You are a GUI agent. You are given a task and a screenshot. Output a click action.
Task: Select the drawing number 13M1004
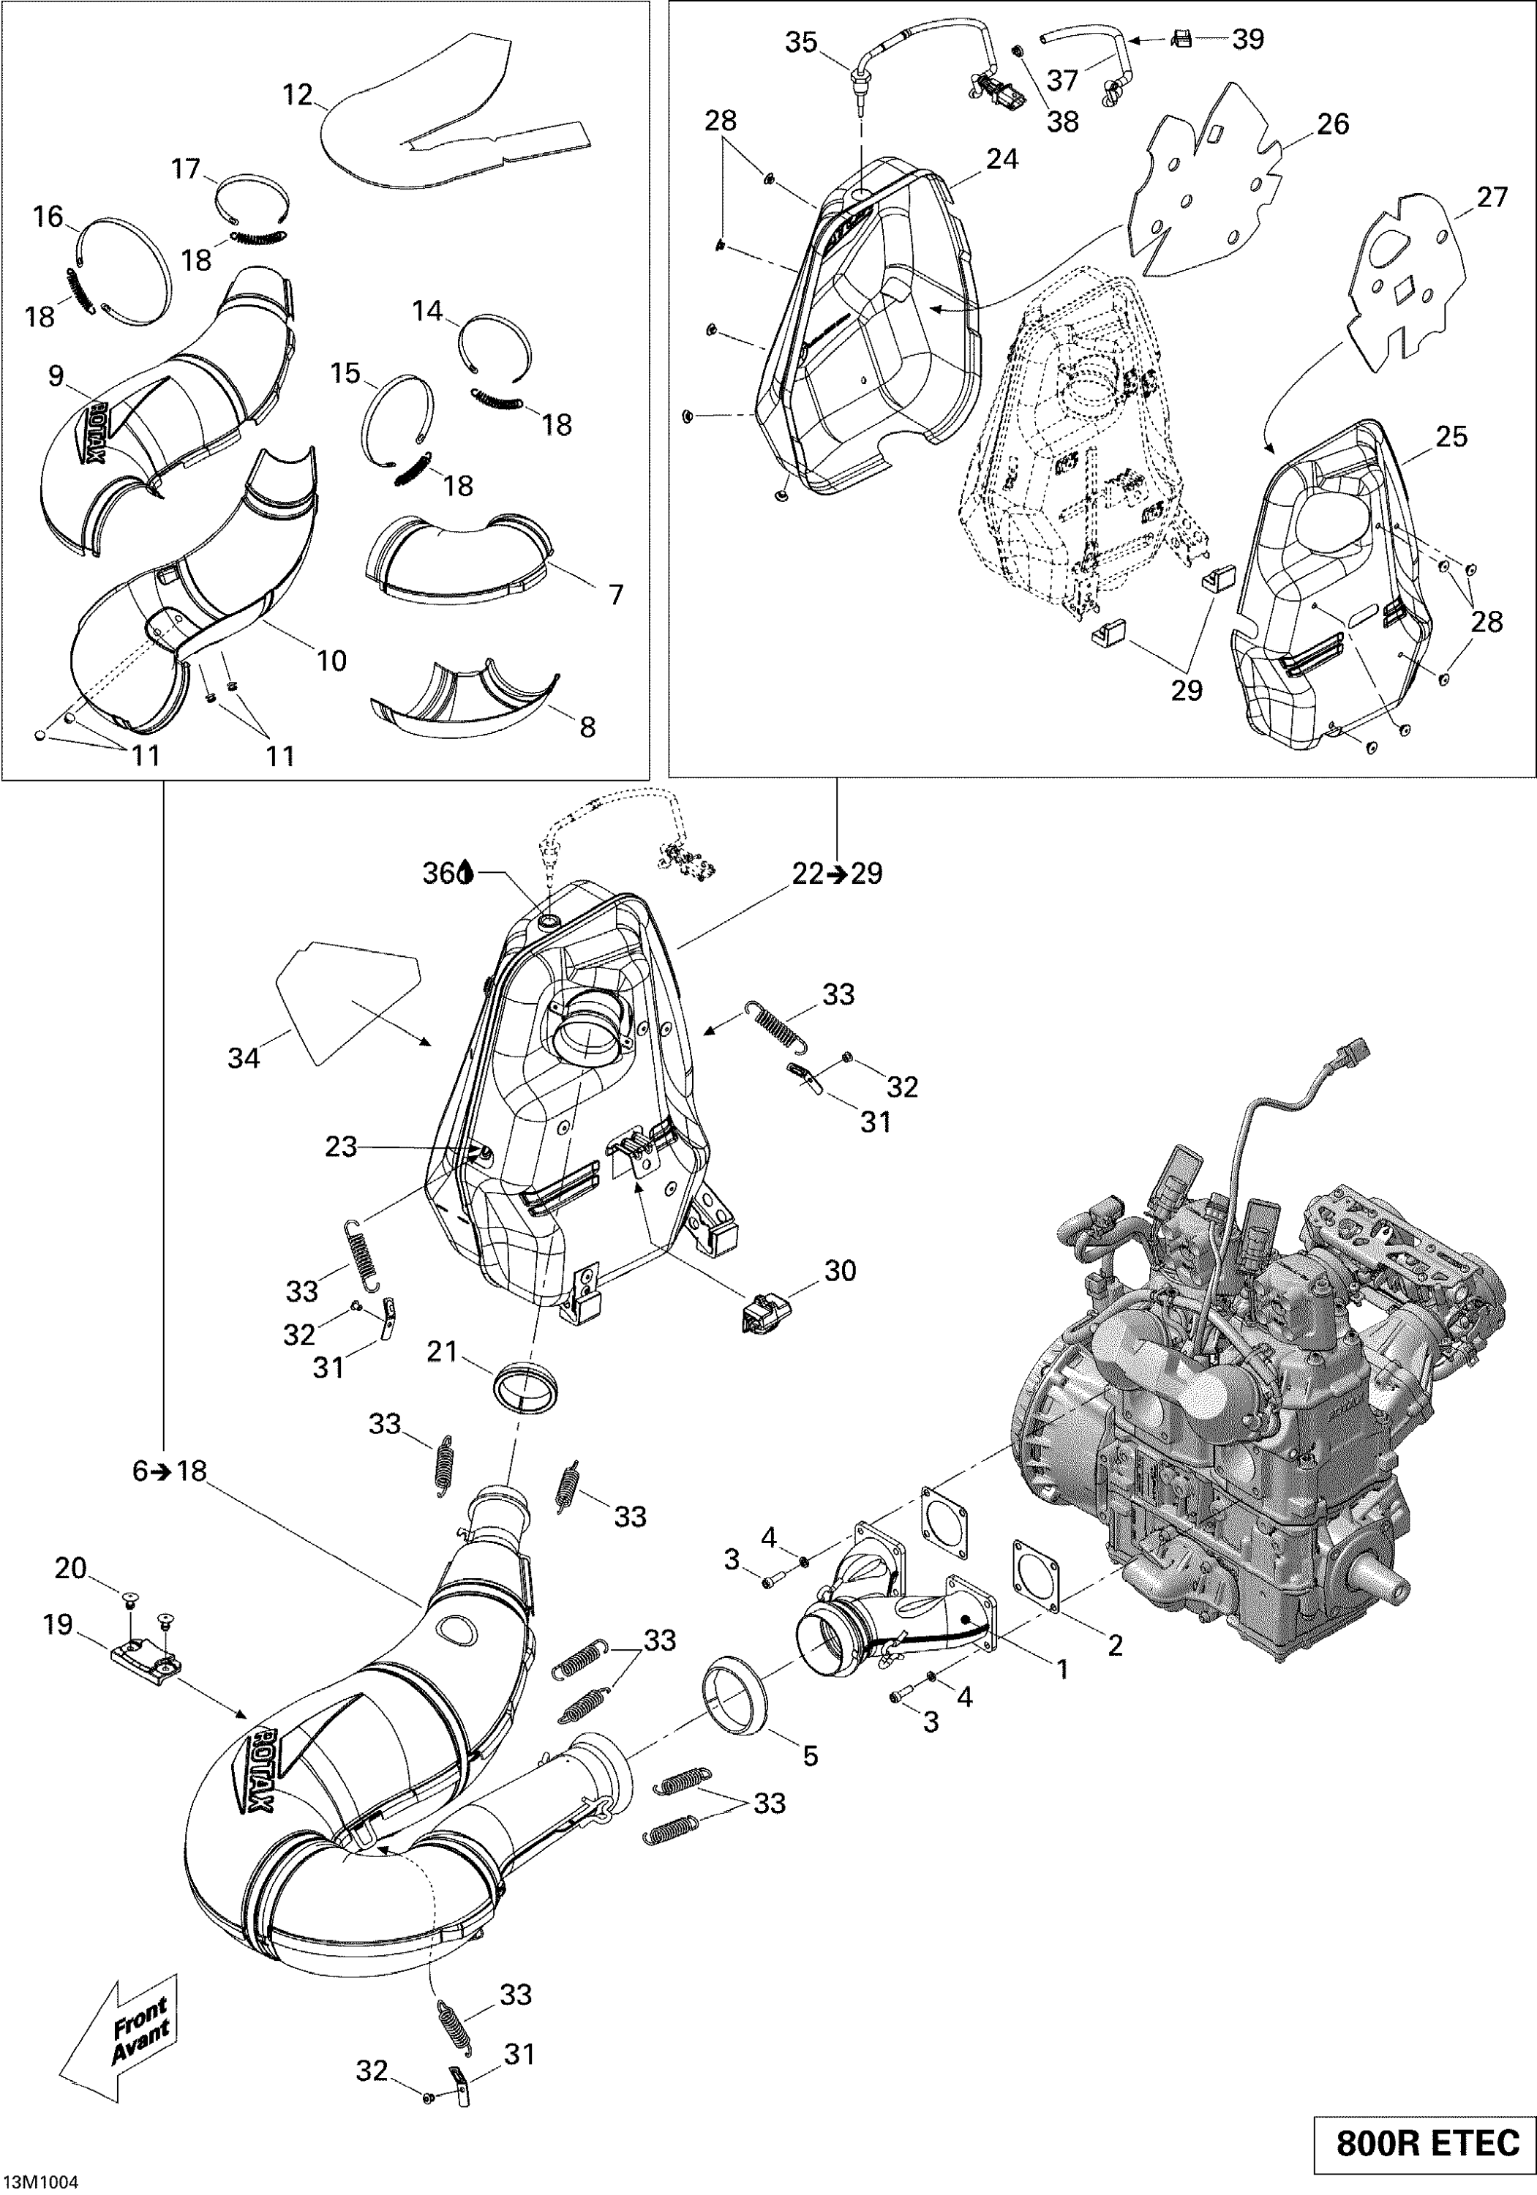[40, 2180]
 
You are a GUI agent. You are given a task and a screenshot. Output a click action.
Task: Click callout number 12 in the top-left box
[297, 96]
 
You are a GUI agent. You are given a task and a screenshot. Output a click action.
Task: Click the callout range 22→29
[836, 873]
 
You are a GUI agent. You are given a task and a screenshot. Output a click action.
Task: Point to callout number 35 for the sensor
[801, 43]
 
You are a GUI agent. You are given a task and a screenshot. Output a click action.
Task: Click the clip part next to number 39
[1182, 40]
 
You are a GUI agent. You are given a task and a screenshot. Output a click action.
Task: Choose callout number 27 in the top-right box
[1491, 197]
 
